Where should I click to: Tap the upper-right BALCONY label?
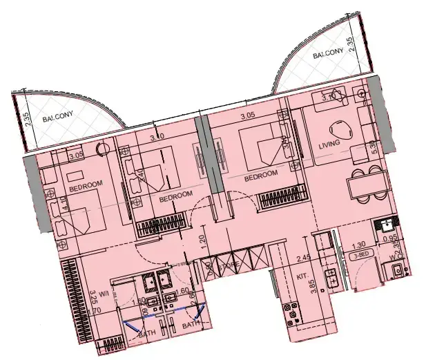point(327,55)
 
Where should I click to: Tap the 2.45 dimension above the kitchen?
point(302,260)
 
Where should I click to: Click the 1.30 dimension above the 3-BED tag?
point(357,245)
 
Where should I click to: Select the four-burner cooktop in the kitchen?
point(293,314)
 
